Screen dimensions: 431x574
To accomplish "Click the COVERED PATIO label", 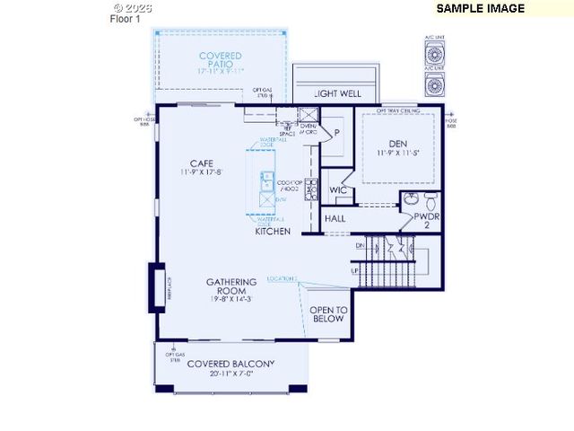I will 220,61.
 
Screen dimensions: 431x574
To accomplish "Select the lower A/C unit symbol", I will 435,84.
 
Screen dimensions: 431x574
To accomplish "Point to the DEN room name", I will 398,144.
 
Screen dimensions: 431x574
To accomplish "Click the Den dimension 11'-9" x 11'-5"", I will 398,154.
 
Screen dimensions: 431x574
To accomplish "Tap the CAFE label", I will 200,163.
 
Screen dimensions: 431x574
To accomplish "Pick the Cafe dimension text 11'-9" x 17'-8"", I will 200,172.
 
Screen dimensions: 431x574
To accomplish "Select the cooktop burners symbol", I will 311,189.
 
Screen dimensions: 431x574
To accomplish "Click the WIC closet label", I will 338,190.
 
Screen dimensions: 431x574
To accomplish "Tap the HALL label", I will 335,218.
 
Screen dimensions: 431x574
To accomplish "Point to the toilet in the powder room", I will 430,198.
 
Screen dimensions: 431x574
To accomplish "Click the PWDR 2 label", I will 427,221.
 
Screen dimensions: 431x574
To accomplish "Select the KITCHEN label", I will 273,232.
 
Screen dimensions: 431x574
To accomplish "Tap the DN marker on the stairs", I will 360,244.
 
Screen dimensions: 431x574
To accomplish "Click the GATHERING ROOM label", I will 231,287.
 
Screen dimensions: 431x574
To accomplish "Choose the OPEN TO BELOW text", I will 327,314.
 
